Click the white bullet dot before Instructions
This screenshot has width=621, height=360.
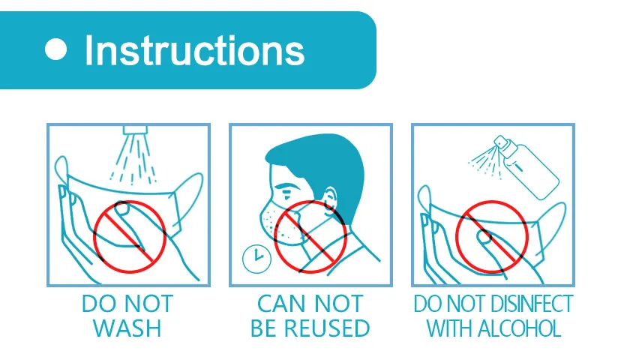55,49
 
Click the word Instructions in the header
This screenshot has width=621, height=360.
195,50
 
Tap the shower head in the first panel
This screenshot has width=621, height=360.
135,130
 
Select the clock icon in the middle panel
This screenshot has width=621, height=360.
256,259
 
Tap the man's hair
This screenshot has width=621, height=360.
321,166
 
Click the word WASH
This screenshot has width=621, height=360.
127,328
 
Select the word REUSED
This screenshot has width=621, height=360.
327,328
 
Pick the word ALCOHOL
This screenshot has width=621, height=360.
519,328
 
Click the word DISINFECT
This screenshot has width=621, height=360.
532,304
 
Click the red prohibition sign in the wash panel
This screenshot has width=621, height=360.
130,237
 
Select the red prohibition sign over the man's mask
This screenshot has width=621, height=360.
310,237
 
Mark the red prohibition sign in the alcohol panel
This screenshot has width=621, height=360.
491,237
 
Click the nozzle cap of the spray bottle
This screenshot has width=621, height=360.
501,142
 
